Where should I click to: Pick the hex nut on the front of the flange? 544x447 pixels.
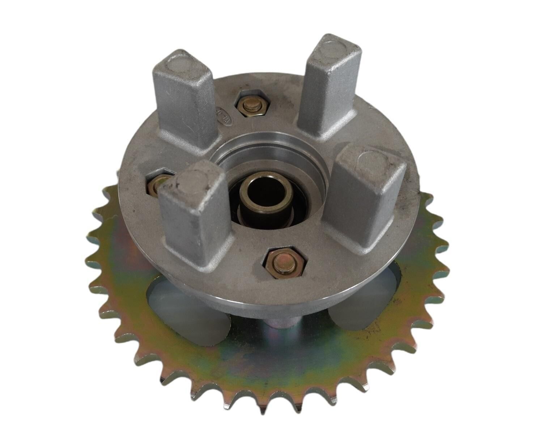(x=285, y=262)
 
